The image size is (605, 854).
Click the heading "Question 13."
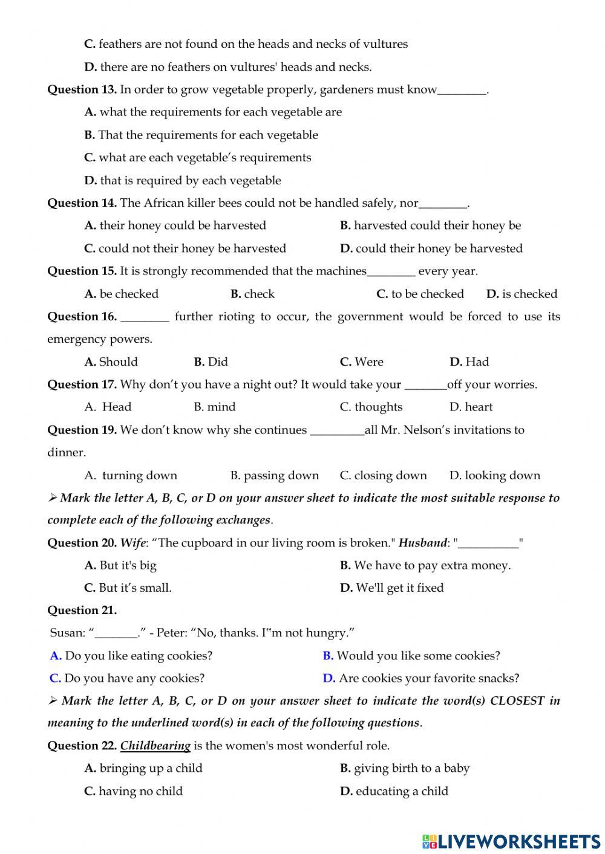click(x=82, y=89)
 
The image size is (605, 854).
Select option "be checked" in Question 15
click(x=128, y=294)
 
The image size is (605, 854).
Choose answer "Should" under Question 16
click(x=118, y=361)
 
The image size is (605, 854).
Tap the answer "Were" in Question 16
click(x=368, y=361)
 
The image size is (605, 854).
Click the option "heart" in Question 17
click(x=479, y=407)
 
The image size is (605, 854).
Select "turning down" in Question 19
click(x=139, y=475)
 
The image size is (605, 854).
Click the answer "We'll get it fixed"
click(x=399, y=587)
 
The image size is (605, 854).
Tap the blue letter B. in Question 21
click(x=328, y=656)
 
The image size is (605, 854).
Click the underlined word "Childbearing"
click(x=155, y=745)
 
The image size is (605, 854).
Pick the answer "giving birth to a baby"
click(x=411, y=768)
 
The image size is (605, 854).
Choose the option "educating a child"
click(x=402, y=791)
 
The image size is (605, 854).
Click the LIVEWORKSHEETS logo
click(x=511, y=841)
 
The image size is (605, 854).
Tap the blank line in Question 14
click(x=443, y=204)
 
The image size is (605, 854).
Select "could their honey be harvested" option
click(x=439, y=248)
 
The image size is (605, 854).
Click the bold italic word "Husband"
click(x=422, y=543)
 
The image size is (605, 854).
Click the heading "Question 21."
click(x=82, y=610)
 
